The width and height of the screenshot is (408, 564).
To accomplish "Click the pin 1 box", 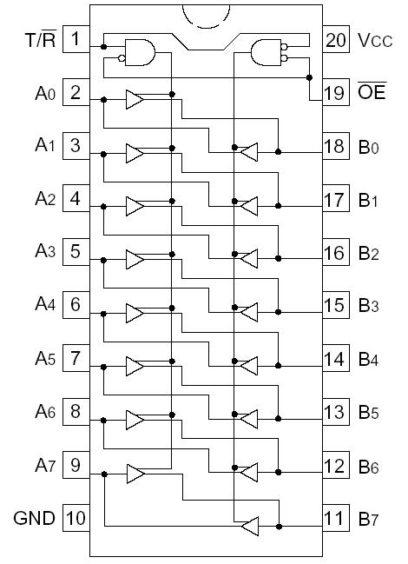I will click(x=76, y=39).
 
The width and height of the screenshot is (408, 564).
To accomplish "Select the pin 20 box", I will click(x=334, y=39).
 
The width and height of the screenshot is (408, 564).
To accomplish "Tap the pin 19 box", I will click(x=334, y=93).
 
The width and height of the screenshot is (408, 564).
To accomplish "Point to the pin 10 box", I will click(x=76, y=519).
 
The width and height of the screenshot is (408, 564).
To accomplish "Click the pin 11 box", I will click(x=334, y=519).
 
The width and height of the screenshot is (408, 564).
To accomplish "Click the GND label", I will click(x=34, y=519).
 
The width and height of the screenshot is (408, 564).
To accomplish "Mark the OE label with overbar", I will click(x=372, y=92).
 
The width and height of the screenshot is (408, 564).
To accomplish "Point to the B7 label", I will click(x=369, y=519).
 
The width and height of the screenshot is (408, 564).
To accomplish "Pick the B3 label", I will click(x=369, y=306).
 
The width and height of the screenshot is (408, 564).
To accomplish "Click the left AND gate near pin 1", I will click(x=139, y=52).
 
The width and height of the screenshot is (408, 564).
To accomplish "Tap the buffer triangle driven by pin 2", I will click(x=135, y=100).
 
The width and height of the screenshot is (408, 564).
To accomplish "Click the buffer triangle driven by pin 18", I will click(x=249, y=153).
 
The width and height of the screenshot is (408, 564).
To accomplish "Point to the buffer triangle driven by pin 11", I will click(x=249, y=526).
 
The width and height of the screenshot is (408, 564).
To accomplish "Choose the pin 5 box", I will click(x=76, y=252).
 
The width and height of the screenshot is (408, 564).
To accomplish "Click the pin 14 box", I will click(x=334, y=359).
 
